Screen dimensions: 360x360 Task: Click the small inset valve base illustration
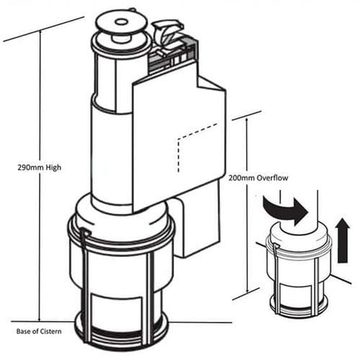point(297,270)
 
